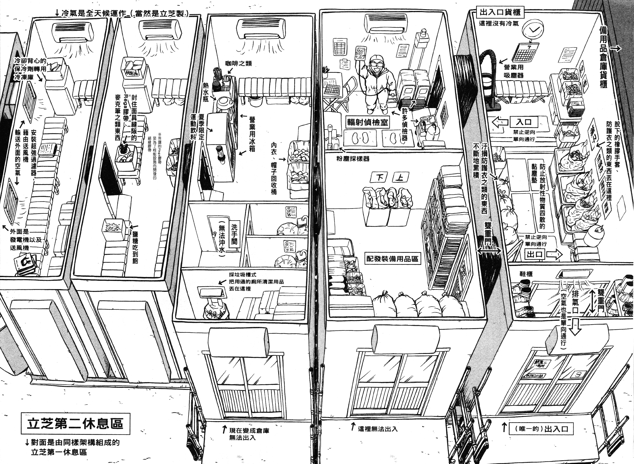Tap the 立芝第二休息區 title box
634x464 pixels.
[x=75, y=424]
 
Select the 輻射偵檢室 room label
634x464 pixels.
[x=367, y=123]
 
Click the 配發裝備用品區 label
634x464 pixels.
[x=392, y=258]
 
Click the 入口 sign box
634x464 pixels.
[x=524, y=122]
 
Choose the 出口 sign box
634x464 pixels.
[x=534, y=255]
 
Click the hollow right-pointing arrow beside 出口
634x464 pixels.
[x=555, y=255]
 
